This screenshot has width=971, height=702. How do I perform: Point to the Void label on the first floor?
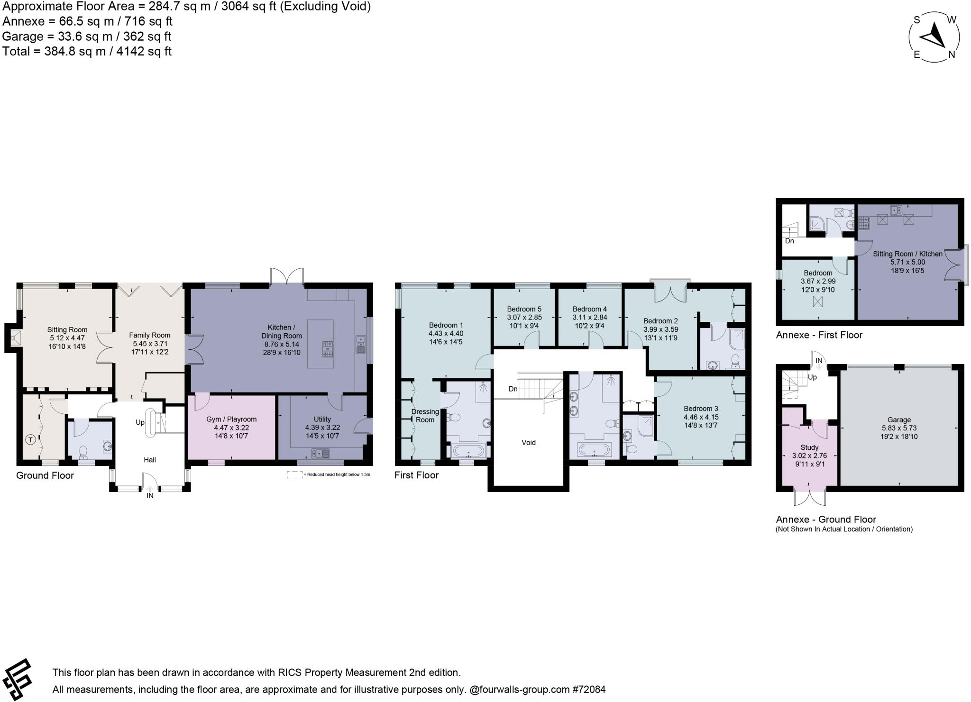529,442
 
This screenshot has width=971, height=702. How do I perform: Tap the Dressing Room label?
425,415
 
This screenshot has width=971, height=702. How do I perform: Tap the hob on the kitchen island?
327,348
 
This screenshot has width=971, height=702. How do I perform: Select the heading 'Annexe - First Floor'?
819,335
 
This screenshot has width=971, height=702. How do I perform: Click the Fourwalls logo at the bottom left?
18,679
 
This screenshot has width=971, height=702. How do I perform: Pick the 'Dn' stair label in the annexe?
789,241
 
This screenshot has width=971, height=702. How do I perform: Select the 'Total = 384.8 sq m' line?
87,51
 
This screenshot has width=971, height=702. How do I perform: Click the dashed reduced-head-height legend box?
294,475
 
